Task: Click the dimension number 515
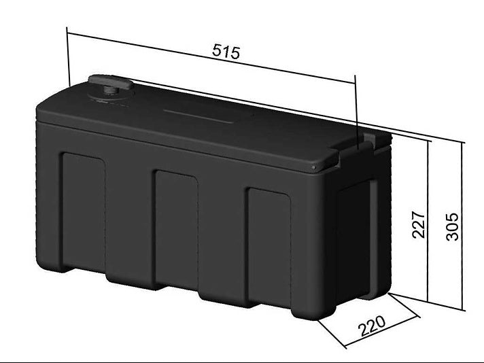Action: tap(226, 51)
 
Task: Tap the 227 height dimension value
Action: tap(419, 225)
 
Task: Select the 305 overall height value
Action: tap(453, 226)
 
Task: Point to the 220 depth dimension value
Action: tap(373, 326)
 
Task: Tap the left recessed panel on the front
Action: tap(84, 211)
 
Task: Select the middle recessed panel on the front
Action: tap(176, 229)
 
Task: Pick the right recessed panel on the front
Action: tap(269, 247)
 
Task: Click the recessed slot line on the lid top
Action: tap(198, 116)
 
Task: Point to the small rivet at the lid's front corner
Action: tap(313, 167)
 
